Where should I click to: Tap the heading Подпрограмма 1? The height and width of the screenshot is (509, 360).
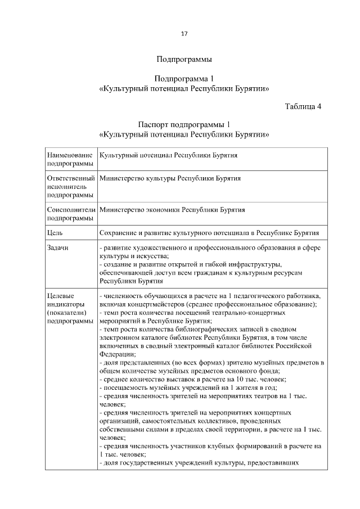coord(183,79)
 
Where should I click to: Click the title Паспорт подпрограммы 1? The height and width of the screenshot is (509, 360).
coord(183,124)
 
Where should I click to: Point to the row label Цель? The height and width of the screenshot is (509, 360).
coord(55,232)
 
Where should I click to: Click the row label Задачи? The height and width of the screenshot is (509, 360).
coord(58,249)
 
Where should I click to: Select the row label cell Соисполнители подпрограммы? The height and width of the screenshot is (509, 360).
coord(72,214)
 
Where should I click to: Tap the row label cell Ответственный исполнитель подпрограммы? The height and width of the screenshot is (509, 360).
coord(72,186)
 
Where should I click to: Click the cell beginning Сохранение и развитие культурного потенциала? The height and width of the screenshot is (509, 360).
coord(209,232)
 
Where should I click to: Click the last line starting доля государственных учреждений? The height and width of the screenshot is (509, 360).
coord(197,463)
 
